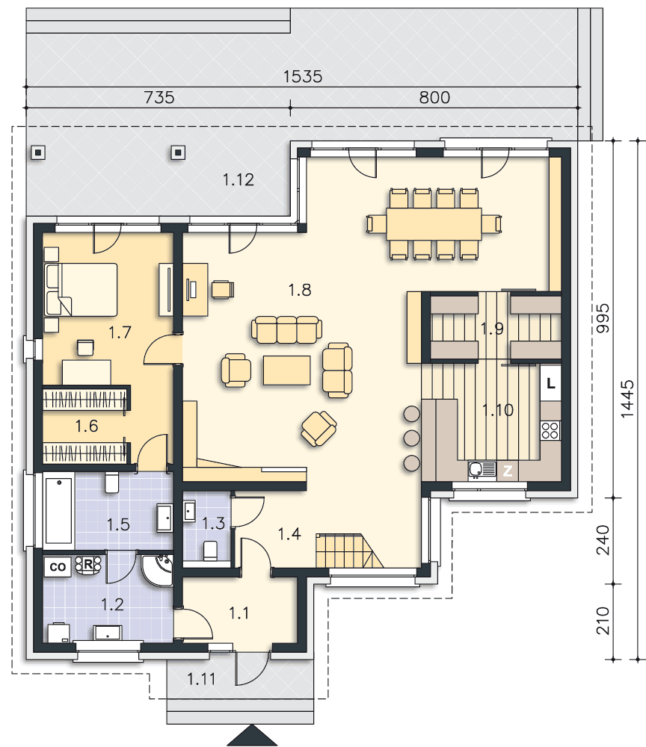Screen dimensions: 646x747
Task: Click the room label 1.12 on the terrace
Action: click(239, 179)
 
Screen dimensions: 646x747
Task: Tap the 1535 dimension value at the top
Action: click(303, 76)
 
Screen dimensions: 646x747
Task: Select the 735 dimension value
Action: click(159, 97)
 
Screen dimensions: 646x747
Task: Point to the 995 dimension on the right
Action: click(603, 318)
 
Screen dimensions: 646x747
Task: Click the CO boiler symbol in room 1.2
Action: click(58, 567)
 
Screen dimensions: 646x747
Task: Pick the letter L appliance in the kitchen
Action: click(550, 383)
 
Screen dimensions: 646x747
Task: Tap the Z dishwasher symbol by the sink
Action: click(508, 471)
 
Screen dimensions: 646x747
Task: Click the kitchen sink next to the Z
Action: click(482, 470)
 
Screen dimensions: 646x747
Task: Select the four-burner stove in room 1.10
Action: click(550, 430)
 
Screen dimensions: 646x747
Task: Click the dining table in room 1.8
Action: click(434, 224)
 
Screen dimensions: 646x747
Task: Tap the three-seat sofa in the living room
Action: click(286, 329)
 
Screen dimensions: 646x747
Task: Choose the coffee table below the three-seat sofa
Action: click(286, 370)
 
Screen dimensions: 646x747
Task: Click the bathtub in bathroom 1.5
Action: click(58, 511)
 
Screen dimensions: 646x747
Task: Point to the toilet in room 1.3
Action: click(210, 551)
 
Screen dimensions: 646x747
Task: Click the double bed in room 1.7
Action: click(81, 289)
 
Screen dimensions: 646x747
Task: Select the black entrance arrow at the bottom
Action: click(252, 736)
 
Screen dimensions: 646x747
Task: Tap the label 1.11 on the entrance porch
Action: click(201, 679)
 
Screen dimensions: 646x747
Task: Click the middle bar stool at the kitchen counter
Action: click(411, 437)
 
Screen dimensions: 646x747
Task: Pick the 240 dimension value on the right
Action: click(603, 540)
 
